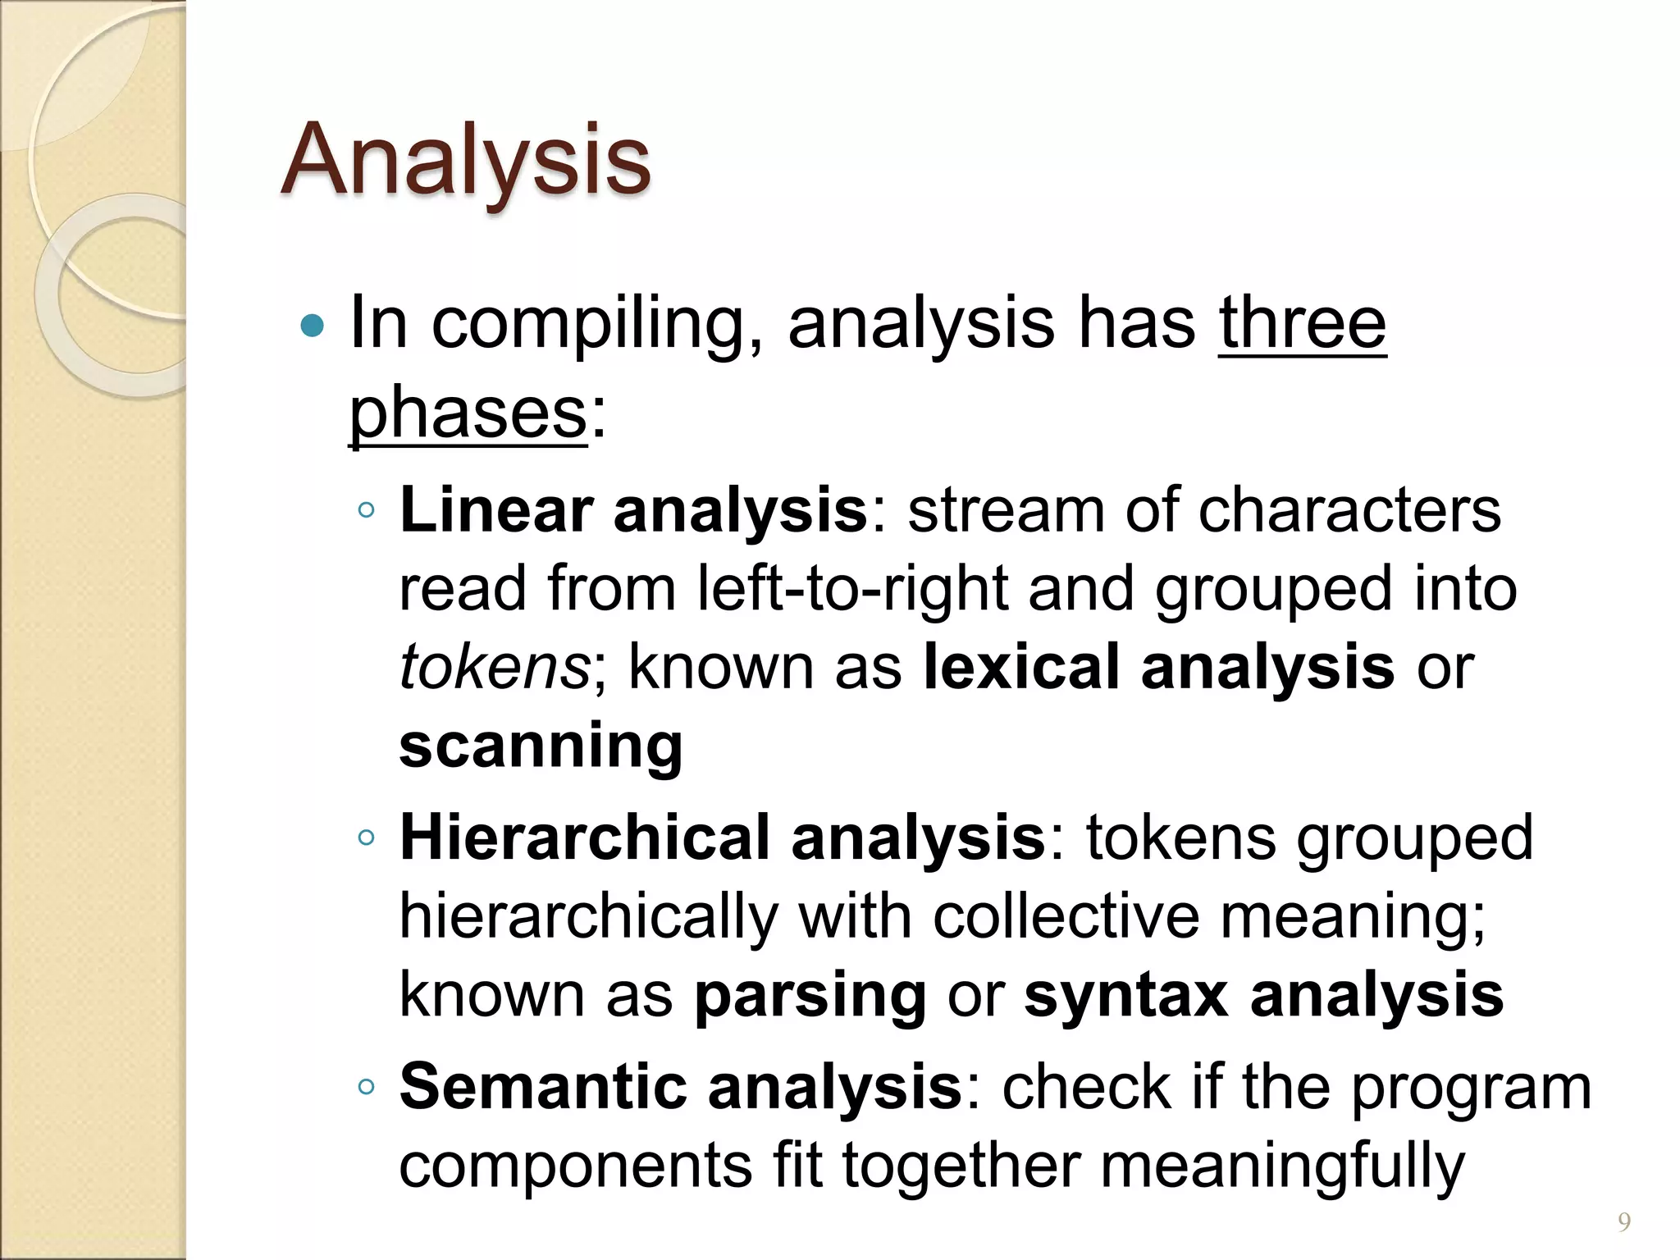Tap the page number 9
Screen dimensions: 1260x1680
[1623, 1222]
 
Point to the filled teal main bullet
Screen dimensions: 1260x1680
[313, 326]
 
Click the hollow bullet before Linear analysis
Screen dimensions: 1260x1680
[367, 510]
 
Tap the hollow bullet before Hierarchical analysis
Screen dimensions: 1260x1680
[367, 838]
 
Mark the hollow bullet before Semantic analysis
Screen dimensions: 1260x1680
[367, 1087]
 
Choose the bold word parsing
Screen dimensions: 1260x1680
[810, 996]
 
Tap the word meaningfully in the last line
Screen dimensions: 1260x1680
[1281, 1166]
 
